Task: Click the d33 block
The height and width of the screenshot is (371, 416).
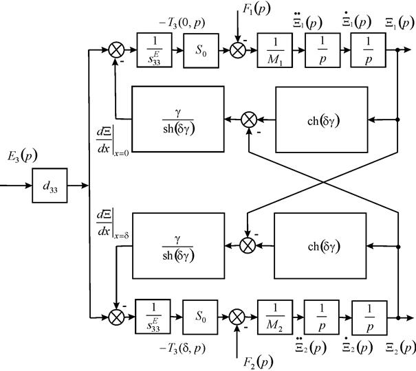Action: point(50,185)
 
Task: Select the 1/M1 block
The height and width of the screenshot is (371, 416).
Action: point(275,50)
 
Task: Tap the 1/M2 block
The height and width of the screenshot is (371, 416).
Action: point(275,317)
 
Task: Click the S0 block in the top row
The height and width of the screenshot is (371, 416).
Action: point(201,50)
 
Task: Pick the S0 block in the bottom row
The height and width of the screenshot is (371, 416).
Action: point(200,317)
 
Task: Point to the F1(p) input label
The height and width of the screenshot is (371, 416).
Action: point(256,10)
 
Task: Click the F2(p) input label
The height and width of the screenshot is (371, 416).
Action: point(259,362)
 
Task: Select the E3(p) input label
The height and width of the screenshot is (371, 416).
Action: point(22,157)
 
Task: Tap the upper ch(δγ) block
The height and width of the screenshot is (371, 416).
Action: point(322,120)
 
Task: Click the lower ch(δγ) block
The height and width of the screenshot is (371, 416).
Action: point(320,246)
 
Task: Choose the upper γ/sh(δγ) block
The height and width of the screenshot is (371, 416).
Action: point(178,120)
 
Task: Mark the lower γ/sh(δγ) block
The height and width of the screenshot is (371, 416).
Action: point(179,246)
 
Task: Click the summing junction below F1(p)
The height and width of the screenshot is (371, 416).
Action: point(237,50)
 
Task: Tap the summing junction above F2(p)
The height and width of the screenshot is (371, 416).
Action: point(237,317)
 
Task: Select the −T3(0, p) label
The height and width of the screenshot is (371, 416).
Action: point(182,23)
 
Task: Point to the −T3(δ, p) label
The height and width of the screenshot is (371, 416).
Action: point(182,348)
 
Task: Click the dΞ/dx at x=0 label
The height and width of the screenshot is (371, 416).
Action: point(113,142)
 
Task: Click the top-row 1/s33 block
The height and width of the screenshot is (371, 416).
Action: point(154,50)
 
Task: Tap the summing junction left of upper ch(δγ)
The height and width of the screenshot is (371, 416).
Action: point(249,120)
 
